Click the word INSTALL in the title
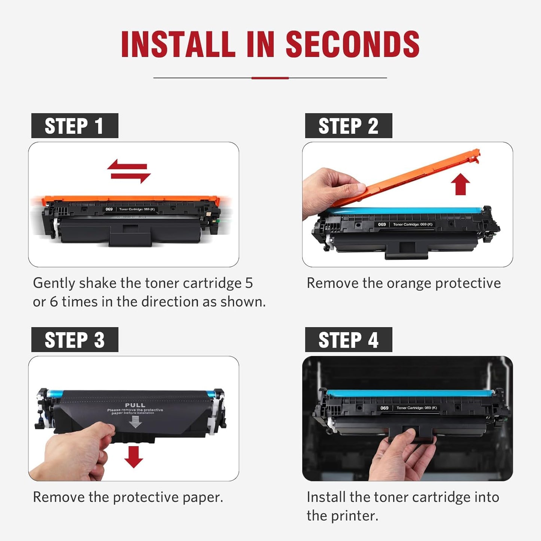tap(178, 45)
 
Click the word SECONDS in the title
tap(352, 45)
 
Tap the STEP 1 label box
tap(75, 126)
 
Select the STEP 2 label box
tap(348, 126)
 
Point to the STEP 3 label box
tap(75, 340)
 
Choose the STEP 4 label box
tap(348, 340)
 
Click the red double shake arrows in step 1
tap(129, 171)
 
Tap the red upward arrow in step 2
tap(460, 185)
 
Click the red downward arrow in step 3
tap(134, 456)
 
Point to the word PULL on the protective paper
tap(135, 405)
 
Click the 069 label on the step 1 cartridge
tap(109, 209)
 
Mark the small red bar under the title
tap(270, 78)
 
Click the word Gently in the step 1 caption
tap(54, 283)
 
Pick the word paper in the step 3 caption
tap(200, 498)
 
